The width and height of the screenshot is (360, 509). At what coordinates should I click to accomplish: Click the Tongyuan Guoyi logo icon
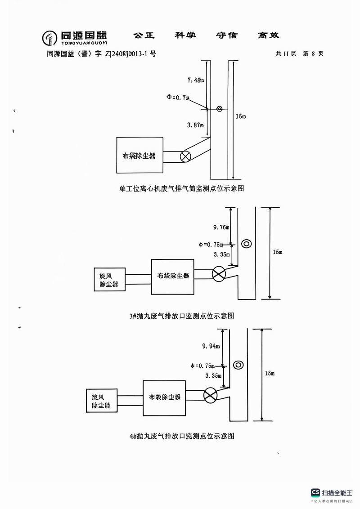tap(50, 38)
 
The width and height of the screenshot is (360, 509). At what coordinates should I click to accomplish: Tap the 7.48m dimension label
tap(196, 80)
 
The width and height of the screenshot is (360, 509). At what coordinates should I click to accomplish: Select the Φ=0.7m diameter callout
tap(178, 97)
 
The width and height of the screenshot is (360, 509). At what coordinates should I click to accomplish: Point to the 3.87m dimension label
tap(195, 125)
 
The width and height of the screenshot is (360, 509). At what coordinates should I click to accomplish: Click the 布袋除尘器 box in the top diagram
tap(139, 156)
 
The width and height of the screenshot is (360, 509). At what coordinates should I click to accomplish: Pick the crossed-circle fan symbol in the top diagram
tap(185, 156)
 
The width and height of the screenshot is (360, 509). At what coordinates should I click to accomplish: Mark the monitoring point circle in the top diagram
tap(220, 109)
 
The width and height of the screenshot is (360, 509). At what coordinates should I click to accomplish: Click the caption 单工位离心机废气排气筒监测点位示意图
tap(181, 189)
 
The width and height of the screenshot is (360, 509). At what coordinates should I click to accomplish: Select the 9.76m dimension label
tap(221, 228)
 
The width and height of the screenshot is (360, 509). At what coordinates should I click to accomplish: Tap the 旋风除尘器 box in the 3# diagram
tap(109, 279)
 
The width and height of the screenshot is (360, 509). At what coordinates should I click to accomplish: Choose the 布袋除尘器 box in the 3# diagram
tap(173, 276)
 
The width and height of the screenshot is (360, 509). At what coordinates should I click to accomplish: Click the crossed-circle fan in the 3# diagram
tap(219, 274)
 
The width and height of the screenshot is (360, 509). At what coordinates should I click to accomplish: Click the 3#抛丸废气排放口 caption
tap(181, 316)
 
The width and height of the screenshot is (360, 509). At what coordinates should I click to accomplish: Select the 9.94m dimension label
tap(211, 346)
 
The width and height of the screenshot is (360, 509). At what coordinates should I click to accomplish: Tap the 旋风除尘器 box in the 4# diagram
tap(101, 401)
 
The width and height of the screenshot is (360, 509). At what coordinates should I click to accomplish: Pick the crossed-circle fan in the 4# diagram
tap(210, 395)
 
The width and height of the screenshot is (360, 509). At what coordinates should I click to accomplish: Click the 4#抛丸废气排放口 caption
tap(181, 436)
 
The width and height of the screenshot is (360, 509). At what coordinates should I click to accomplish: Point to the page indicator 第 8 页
tap(313, 54)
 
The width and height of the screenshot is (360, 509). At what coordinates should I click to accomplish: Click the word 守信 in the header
tap(227, 36)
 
